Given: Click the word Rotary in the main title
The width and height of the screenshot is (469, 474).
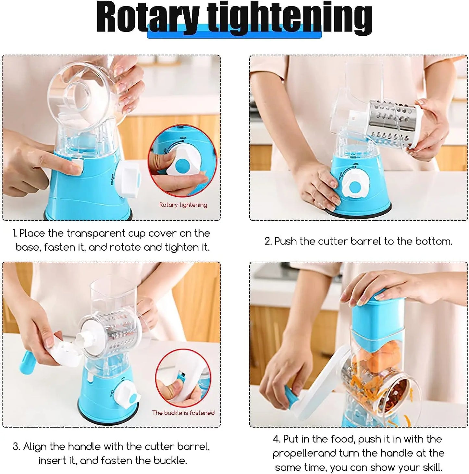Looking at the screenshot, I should tap(148, 18).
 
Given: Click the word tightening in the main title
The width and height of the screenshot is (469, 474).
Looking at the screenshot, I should tap(289, 18).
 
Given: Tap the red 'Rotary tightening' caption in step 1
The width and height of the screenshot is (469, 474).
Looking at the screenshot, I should tap(183, 205).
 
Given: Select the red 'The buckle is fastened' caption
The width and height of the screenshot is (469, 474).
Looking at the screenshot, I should tap(183, 413).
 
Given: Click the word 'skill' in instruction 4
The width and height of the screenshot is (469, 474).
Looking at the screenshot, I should tap(431, 467).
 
